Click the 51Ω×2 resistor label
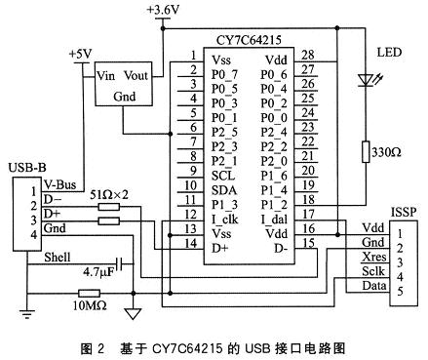(109, 197)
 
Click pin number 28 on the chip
(310, 59)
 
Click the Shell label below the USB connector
(60, 258)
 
